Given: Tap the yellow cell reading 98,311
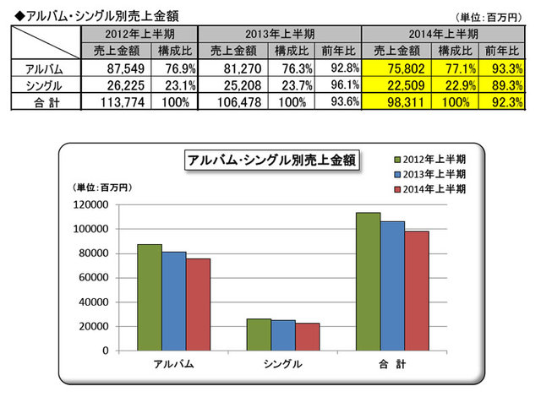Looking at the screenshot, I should tap(394, 102).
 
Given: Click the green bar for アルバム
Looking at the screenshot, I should tap(150, 296).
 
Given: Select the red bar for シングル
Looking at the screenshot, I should tap(308, 336).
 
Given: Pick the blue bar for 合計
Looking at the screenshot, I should tap(392, 286).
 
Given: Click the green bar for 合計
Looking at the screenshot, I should tap(368, 280).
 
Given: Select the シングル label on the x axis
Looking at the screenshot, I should tap(283, 364).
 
